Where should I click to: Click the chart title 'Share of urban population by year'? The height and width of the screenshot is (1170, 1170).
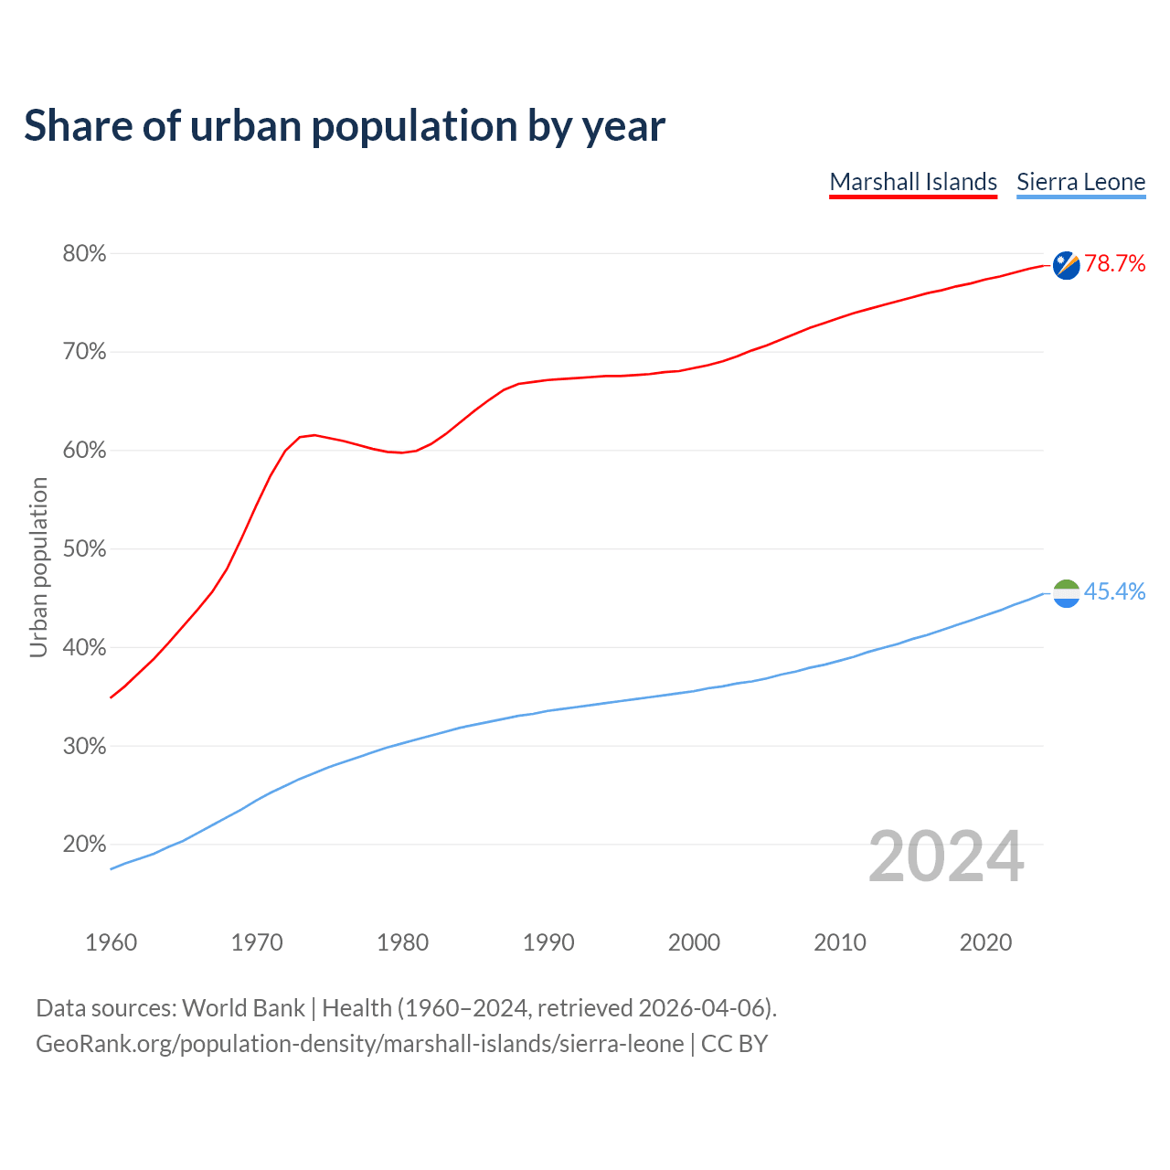pos(345,126)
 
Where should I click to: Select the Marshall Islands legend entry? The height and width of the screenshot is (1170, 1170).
pos(913,182)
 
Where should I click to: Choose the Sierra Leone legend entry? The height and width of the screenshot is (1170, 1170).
pos(1080,182)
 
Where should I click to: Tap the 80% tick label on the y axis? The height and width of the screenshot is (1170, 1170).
pos(84,254)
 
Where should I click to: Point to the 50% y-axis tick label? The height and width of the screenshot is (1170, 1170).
pos(84,549)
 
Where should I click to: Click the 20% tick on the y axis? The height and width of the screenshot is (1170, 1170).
pos(84,845)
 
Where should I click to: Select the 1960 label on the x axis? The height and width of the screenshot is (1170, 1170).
pos(111,942)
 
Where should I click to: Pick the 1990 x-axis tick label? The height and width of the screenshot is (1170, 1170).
pos(548,942)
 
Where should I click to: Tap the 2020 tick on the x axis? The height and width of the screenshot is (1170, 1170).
pos(985,942)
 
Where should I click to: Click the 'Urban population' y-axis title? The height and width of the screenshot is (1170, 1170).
pos(38,567)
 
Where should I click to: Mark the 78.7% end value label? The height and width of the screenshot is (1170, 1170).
pos(1114,264)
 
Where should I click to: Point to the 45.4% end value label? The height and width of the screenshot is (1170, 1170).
pos(1114,592)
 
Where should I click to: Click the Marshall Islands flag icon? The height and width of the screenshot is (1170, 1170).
pos(1066,265)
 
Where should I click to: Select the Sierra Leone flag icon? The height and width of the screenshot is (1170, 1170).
pos(1066,593)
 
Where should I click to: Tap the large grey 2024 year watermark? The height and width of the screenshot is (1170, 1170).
pos(946,857)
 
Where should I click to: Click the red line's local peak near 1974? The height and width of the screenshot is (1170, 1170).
pos(314,435)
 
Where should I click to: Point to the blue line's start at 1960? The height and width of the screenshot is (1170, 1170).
pos(112,868)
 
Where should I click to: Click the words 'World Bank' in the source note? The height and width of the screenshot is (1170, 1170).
pos(243,1008)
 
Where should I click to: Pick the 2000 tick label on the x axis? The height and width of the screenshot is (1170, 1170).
pos(694,942)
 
